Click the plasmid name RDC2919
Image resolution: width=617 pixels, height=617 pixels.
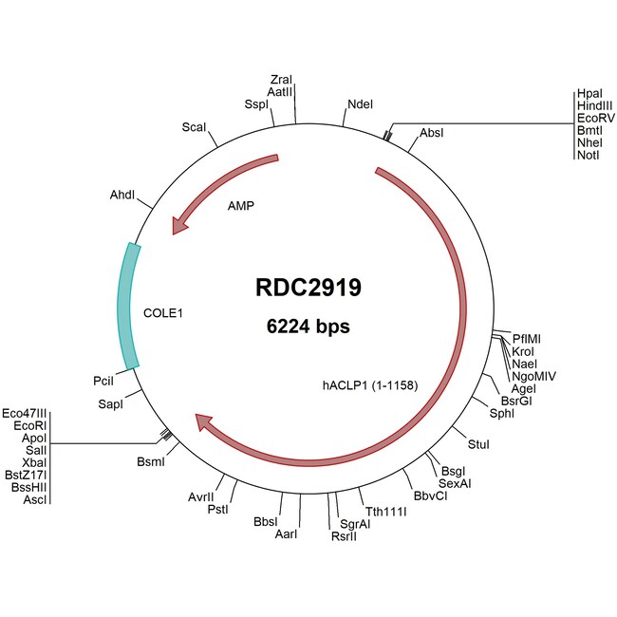[308, 287]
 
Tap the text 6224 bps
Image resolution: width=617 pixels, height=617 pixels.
[308, 327]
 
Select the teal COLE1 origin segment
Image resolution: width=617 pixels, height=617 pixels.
[127, 305]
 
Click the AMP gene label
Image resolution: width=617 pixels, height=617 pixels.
[241, 204]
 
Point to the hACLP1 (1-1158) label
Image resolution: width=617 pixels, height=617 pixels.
[370, 385]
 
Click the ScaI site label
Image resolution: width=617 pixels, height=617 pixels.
[194, 126]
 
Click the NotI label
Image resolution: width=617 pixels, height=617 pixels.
[588, 155]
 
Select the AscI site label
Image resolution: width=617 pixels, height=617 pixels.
[35, 498]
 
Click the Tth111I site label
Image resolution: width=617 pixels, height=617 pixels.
[385, 512]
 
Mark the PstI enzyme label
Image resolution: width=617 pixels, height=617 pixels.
[218, 510]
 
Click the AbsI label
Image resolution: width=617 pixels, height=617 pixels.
[432, 132]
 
